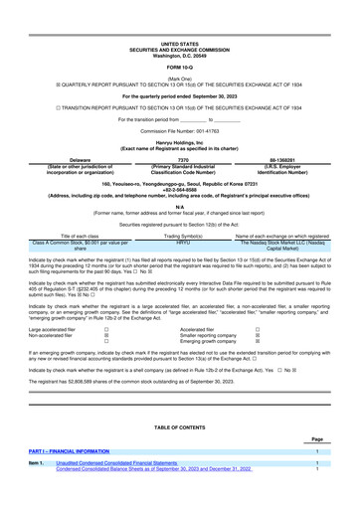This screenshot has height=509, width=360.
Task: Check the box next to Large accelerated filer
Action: pyautogui.click(x=106, y=328)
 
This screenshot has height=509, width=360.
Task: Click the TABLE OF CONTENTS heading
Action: pyautogui.click(x=179, y=426)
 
